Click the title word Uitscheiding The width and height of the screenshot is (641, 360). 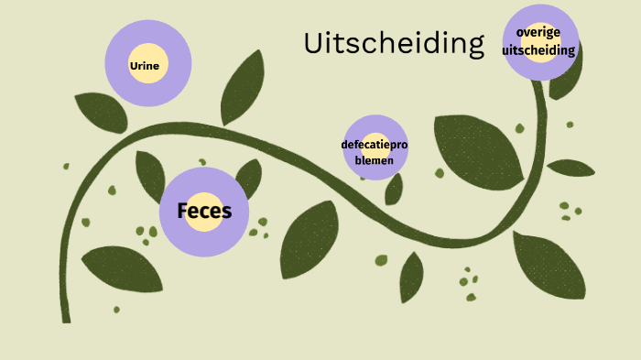coord(393,43)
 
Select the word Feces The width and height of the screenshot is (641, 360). coord(204,212)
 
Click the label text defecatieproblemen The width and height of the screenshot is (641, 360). coord(375,152)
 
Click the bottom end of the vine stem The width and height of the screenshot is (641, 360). coord(66,317)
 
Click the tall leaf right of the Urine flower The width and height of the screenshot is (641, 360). coord(243,87)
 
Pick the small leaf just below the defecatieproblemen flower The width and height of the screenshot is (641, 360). coord(394,189)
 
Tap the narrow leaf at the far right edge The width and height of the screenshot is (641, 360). coord(570,168)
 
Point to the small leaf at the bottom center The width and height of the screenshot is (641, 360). coord(411,276)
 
